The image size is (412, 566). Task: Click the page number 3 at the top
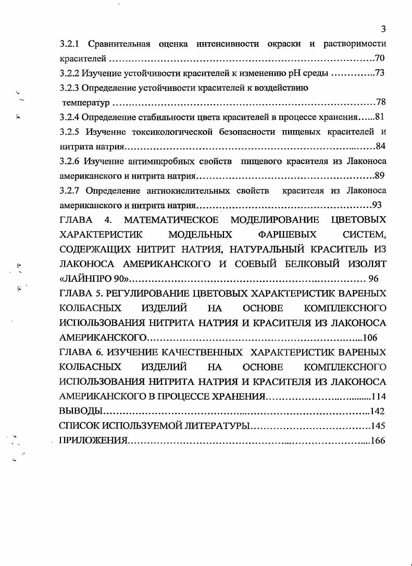383,29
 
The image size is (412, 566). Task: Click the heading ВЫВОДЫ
78,411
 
